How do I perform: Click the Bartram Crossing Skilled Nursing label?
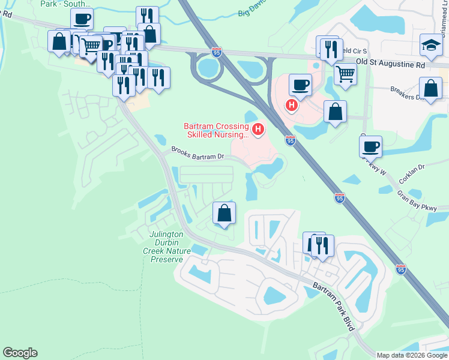click(215, 131)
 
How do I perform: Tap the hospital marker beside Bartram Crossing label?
click(258, 128)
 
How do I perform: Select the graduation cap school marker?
click(430, 46)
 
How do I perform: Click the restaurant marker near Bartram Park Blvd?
click(323, 245)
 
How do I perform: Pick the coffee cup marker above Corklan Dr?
click(370, 146)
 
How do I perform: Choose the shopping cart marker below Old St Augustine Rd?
click(345, 74)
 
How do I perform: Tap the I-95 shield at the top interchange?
click(216, 52)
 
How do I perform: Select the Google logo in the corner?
click(20, 353)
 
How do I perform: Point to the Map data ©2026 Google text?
click(412, 355)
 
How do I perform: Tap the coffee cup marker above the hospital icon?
click(300, 84)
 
